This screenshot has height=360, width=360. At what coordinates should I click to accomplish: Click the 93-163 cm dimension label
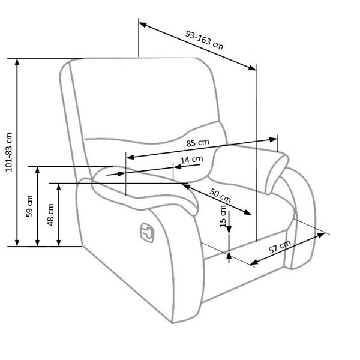[x=204, y=40]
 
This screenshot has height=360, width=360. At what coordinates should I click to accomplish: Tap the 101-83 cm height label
[x=9, y=152]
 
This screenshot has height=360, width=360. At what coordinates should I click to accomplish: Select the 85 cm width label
[x=197, y=143]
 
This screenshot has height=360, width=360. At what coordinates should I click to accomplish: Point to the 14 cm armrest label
[x=192, y=160]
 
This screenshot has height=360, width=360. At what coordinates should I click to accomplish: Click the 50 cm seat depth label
[x=220, y=196]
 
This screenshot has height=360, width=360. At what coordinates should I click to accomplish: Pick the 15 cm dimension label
[x=223, y=217]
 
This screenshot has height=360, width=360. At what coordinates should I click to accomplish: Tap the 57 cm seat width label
[x=280, y=247]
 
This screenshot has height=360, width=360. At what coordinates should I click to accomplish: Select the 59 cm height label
[x=29, y=206]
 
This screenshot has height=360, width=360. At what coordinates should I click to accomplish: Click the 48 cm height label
[x=50, y=215]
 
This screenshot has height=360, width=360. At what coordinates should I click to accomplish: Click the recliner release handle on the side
[x=147, y=233]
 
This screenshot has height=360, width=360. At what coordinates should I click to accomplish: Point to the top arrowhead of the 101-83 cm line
[x=17, y=62]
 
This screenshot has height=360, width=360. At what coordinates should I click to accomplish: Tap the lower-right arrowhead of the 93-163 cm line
[x=253, y=67]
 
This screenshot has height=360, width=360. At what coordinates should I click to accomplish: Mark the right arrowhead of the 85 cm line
[x=274, y=139]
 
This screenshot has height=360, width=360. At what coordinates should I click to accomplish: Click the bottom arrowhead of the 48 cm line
[x=59, y=242]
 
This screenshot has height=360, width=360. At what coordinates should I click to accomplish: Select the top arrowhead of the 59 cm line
[x=37, y=170]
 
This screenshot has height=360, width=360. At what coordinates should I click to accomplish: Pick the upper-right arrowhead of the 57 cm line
[x=322, y=235]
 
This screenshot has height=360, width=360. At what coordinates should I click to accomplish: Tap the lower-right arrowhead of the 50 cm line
[x=247, y=212]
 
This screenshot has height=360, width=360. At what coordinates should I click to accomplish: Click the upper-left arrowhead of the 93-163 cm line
[x=143, y=25]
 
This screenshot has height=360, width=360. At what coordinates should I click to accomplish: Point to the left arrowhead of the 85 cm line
[x=130, y=157]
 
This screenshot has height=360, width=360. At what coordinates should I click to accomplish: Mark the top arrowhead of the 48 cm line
[x=59, y=188]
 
